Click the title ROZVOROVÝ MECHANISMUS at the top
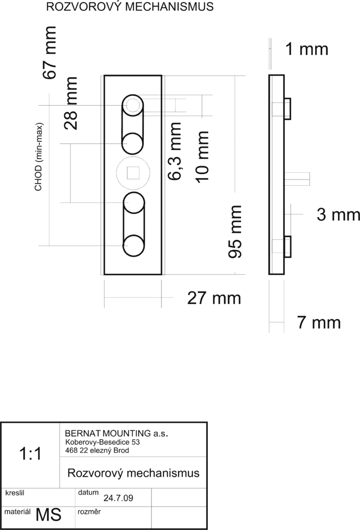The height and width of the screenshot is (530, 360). tap(130, 6)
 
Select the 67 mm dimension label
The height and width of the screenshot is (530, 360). tap(49, 53)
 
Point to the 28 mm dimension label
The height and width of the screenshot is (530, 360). tap(71, 103)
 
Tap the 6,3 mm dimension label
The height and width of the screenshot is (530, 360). tap(175, 151)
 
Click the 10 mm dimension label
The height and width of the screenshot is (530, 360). tap(202, 157)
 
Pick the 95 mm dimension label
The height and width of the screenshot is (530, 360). tap(235, 231)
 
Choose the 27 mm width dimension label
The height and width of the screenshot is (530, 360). tap(214, 298)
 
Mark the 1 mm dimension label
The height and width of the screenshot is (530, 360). tap(307, 49)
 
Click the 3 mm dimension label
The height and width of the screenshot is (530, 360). tap(338, 215)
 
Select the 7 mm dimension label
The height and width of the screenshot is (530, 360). tap(319, 322)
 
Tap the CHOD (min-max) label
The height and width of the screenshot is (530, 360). tap(38, 156)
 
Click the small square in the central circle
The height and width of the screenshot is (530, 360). tap(133, 173)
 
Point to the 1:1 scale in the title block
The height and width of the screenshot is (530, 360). tap(31, 453)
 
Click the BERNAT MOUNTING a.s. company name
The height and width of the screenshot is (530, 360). tap(116, 433)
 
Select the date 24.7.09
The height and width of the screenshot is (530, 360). tap(118, 498)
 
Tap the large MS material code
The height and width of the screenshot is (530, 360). tap(48, 515)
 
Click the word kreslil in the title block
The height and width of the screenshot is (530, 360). tap(15, 493)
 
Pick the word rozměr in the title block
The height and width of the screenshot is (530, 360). tap(89, 512)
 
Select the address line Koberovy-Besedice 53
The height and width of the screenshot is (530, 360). tap(102, 442)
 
